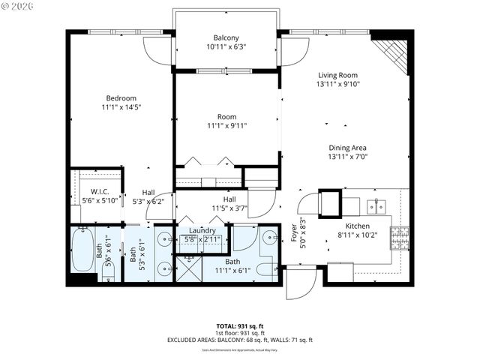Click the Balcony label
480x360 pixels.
click(226, 37)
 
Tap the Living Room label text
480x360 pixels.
click(337, 75)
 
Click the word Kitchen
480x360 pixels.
click(358, 226)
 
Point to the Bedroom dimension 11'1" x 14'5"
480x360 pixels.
click(121, 107)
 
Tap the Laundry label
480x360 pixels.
click(202, 231)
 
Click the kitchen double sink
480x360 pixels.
click(376, 205)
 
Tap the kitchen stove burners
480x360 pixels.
click(400, 238)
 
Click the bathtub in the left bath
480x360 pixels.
click(82, 251)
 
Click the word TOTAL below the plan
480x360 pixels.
click(226, 325)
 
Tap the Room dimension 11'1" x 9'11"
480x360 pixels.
click(227, 126)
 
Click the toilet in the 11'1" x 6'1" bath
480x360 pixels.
click(266, 269)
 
